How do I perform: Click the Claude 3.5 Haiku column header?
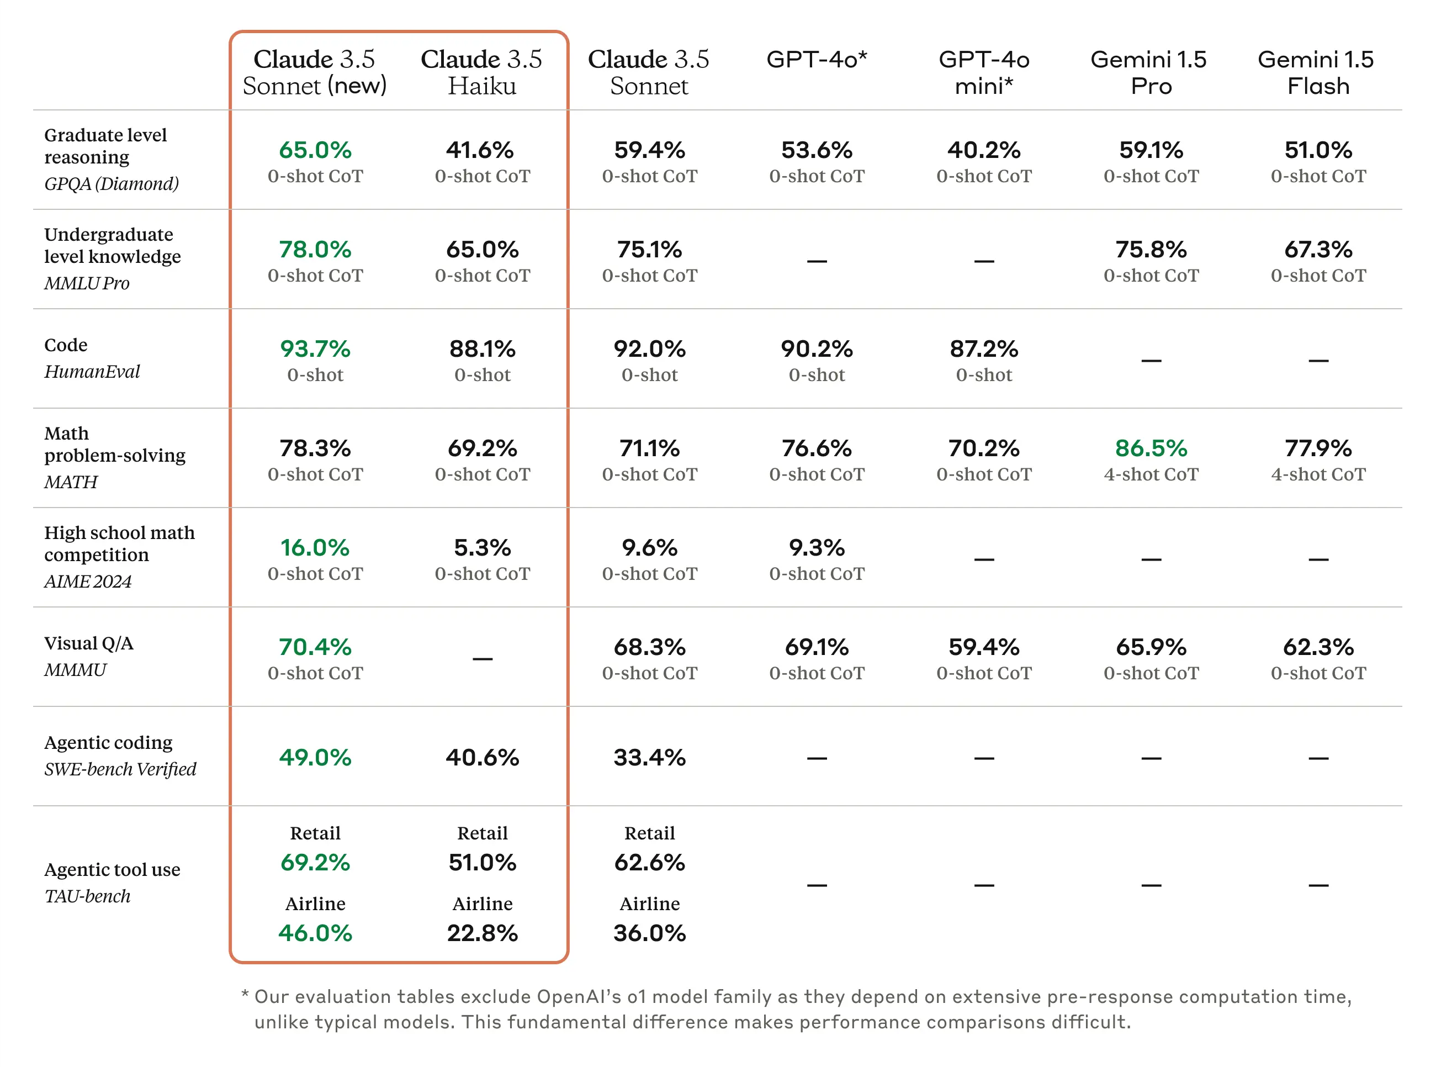(x=481, y=72)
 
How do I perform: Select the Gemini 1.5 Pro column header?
(x=1150, y=72)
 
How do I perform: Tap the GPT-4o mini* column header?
(x=983, y=72)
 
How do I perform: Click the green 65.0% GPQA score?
(x=315, y=150)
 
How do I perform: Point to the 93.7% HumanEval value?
(x=315, y=349)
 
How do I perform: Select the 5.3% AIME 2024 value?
(x=481, y=548)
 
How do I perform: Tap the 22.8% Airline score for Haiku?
(x=481, y=933)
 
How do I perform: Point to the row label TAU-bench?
(x=87, y=896)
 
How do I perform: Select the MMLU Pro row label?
(x=87, y=283)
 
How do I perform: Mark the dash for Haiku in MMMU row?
(x=481, y=658)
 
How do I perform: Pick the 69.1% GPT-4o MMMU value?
(x=816, y=647)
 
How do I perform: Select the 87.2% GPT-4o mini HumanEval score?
(x=983, y=349)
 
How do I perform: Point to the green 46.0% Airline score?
(x=315, y=933)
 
